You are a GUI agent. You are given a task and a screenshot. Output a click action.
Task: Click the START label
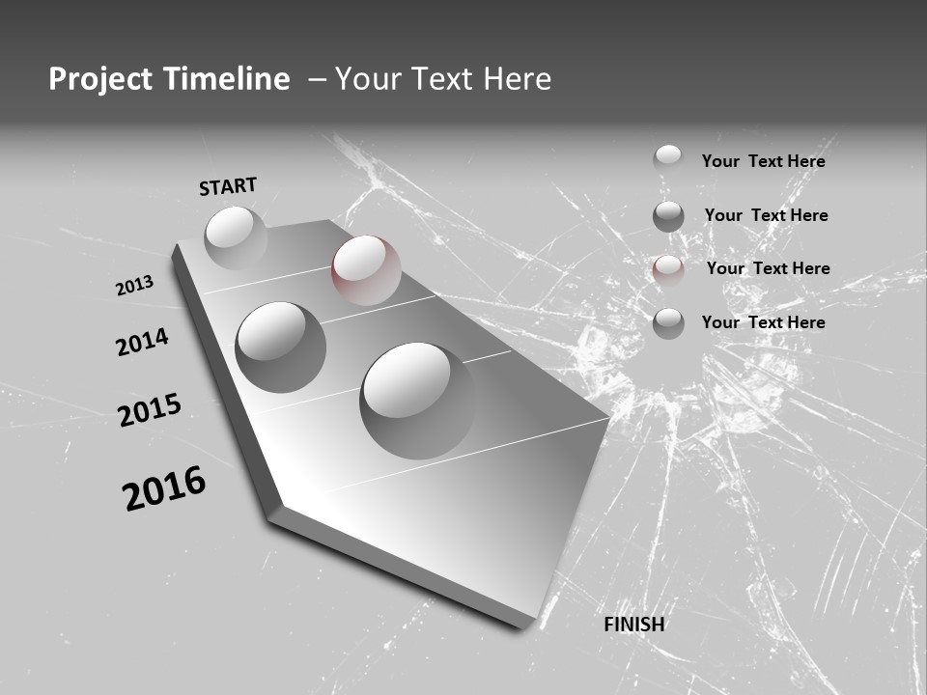pyautogui.click(x=228, y=186)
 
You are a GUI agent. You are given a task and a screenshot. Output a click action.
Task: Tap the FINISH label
pyautogui.click(x=634, y=625)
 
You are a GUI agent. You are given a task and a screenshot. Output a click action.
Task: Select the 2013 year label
pyautogui.click(x=135, y=285)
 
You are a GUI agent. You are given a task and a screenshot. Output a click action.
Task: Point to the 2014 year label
pyautogui.click(x=142, y=343)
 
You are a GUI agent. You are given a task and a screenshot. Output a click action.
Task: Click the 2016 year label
pyautogui.click(x=164, y=488)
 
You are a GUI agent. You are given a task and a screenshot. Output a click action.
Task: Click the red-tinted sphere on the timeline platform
pyautogui.click(x=366, y=270)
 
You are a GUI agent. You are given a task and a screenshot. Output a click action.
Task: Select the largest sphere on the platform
pyautogui.click(x=418, y=400)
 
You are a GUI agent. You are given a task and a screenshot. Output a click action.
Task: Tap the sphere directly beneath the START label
pyautogui.click(x=236, y=237)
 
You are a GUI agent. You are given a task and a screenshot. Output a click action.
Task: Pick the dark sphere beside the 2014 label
pyautogui.click(x=281, y=347)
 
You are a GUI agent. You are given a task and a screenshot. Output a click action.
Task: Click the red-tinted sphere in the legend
pyautogui.click(x=668, y=269)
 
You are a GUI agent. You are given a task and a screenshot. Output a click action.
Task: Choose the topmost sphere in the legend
pyautogui.click(x=668, y=159)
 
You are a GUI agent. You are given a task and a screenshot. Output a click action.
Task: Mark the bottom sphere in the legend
pyautogui.click(x=668, y=323)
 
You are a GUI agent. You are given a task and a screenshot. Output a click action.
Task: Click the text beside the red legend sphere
pyautogui.click(x=768, y=268)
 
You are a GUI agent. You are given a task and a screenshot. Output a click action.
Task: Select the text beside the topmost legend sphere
pyautogui.click(x=763, y=161)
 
